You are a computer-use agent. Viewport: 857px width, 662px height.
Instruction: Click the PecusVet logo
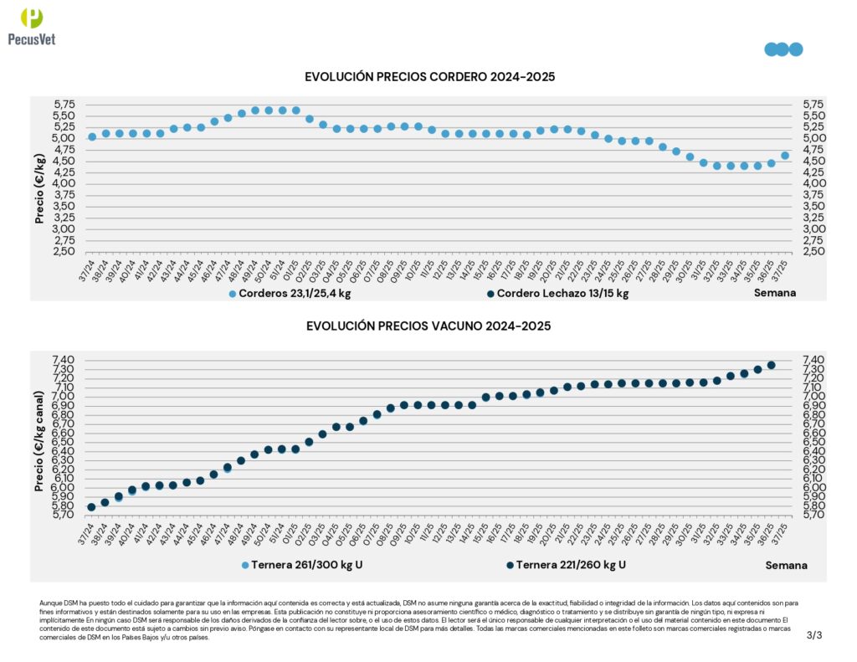click(31, 25)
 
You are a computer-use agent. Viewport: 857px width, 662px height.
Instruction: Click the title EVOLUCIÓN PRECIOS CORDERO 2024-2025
click(430, 77)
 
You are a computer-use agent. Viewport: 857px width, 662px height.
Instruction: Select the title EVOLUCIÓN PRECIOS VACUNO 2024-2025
click(428, 326)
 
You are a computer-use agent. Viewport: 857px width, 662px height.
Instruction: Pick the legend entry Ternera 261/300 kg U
click(302, 565)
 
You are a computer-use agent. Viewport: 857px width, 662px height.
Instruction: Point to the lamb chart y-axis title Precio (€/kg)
click(39, 177)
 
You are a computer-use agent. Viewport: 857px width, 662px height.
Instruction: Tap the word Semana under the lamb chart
click(774, 293)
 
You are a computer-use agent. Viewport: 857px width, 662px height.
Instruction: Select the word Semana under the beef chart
click(786, 565)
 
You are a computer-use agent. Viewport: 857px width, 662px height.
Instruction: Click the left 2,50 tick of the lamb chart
click(64, 251)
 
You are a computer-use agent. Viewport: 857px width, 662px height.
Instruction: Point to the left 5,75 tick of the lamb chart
click(64, 104)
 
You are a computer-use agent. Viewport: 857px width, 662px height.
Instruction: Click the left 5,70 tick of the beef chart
click(64, 515)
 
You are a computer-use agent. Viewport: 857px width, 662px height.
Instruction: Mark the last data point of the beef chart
click(771, 365)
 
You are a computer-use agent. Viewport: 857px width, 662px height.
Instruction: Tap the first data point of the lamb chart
click(92, 136)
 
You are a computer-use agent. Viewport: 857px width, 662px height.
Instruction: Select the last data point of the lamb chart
click(784, 155)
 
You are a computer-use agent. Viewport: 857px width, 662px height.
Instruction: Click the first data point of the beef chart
click(91, 507)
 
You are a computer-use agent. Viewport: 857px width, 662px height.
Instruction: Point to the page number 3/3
click(814, 635)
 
